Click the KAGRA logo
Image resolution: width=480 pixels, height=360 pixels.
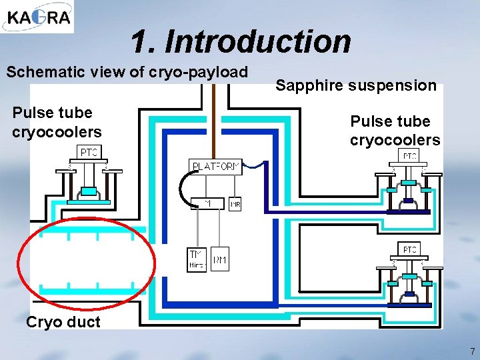37,17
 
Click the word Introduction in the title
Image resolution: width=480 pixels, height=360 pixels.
257,41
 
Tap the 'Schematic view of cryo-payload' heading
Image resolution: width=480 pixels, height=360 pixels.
127,72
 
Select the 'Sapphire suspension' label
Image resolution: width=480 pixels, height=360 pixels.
356,85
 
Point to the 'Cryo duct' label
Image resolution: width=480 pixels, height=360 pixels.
63,323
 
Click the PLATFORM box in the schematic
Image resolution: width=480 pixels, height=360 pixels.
215,167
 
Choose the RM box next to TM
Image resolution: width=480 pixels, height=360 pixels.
219,260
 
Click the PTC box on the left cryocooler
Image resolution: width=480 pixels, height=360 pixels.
89,153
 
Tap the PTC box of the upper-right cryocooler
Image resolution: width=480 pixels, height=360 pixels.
409,156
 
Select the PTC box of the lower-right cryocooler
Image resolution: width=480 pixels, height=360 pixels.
409,249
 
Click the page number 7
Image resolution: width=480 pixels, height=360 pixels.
472,351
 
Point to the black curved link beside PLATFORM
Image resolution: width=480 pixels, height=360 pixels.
183,184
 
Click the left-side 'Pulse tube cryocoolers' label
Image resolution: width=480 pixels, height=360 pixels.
57,122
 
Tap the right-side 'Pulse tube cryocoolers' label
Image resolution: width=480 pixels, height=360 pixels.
395,131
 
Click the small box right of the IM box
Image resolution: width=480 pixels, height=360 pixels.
235,204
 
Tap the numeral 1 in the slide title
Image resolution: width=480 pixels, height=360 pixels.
138,41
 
